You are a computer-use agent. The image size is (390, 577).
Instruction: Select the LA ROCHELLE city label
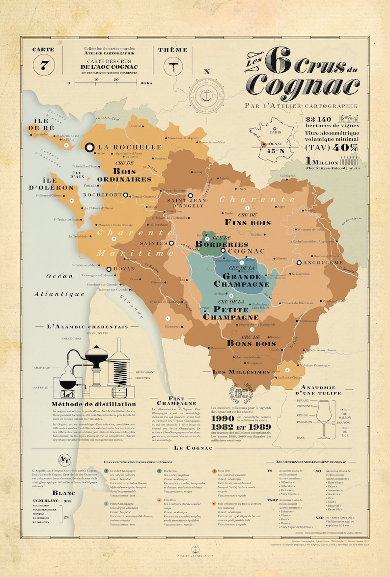pos(130,147)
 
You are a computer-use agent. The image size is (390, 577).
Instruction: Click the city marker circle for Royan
pos(109,269)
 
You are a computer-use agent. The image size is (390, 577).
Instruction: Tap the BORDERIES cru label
pos(222,244)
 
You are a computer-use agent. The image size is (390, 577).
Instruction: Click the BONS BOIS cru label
pos(251,343)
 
